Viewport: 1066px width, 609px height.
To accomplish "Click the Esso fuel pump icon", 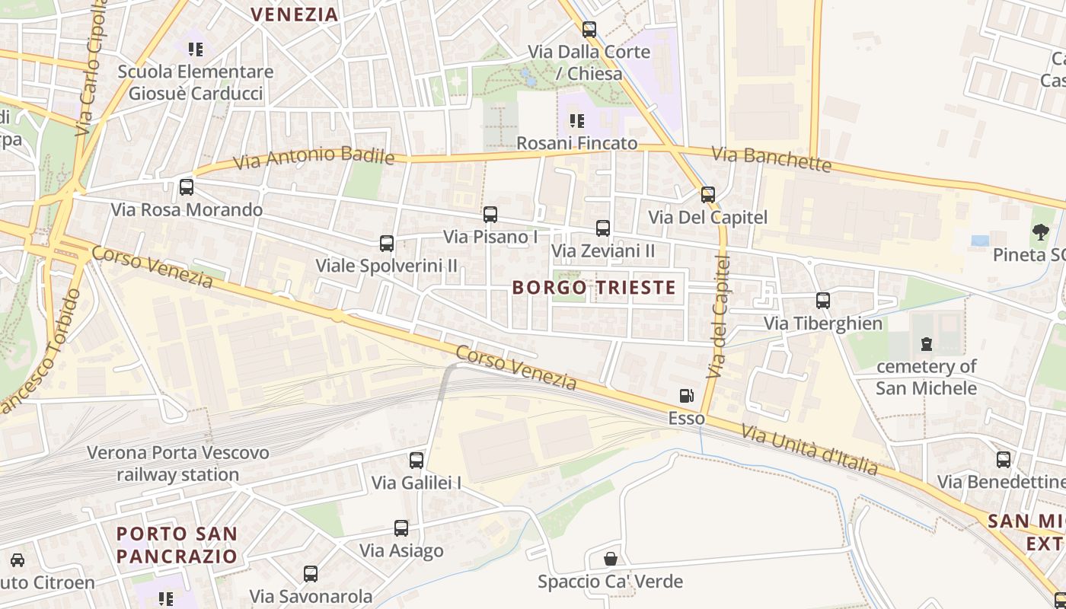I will (x=686, y=396).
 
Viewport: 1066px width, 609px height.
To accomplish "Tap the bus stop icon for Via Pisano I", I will (x=490, y=215).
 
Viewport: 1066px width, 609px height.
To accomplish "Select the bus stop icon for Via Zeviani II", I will (x=603, y=228).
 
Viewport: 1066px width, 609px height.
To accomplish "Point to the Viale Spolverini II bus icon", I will (x=387, y=244).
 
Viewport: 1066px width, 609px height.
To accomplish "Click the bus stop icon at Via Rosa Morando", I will (x=187, y=187).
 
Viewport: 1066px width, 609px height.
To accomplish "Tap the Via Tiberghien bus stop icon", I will (x=823, y=301).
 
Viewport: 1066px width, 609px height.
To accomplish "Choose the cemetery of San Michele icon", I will (x=926, y=344).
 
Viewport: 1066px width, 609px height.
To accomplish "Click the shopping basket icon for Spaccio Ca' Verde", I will (x=610, y=560).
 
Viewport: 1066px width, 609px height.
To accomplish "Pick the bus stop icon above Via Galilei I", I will (x=417, y=460).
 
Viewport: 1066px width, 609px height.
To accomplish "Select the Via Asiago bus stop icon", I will (x=401, y=528).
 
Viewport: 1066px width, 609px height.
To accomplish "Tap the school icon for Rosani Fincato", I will (x=577, y=120).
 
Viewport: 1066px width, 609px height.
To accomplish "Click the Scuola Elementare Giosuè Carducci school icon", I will (x=196, y=49).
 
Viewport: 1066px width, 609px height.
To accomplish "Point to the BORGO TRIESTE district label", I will (x=594, y=287).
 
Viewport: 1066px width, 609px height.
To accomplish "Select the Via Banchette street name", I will (x=771, y=159).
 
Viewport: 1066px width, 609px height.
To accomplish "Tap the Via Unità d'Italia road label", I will (x=809, y=450).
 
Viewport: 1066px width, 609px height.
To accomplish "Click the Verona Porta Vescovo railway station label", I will (x=178, y=464).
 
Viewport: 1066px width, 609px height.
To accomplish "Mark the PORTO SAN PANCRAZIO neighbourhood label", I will (x=177, y=544).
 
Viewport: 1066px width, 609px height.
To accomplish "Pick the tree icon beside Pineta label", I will (x=1040, y=232).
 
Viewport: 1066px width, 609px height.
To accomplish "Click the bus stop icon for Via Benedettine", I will (x=1004, y=459).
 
